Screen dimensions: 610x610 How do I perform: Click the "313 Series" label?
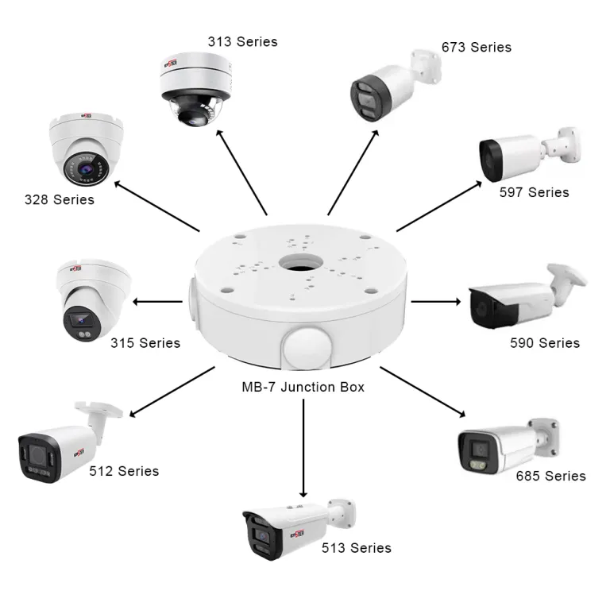point(243,41)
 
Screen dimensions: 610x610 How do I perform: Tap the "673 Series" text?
point(477,47)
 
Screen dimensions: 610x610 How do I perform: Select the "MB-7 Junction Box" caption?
point(303,388)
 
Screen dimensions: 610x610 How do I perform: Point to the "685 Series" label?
point(550,476)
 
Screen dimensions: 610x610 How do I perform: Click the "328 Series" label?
point(60,199)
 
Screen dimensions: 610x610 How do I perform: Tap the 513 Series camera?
point(294,527)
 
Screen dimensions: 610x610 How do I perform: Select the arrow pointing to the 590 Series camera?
point(435,302)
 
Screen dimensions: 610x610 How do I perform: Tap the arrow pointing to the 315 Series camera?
point(157,302)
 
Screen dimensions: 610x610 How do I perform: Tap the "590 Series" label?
point(545,343)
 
